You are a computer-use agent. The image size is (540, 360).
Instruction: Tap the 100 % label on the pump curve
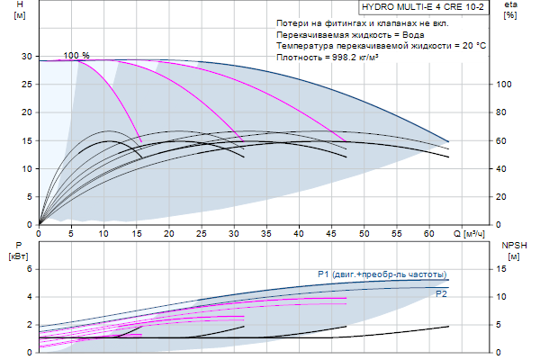(x=76, y=55)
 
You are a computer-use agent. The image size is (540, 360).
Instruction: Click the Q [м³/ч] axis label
(x=474, y=234)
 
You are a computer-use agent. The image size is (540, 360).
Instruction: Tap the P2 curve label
(x=441, y=293)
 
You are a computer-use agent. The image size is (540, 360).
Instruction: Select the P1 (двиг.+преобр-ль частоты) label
(x=382, y=274)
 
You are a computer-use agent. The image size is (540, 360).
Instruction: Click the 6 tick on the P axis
(x=30, y=269)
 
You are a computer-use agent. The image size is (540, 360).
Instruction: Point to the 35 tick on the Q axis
(x=267, y=233)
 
